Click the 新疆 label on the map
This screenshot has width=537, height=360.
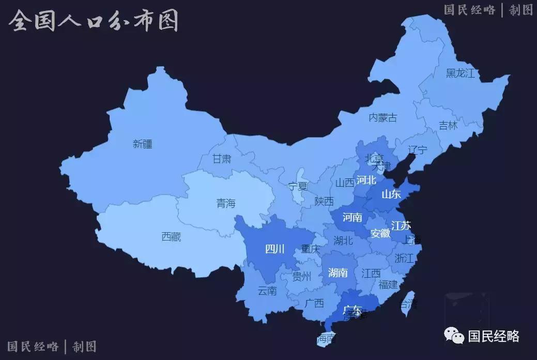(143, 144)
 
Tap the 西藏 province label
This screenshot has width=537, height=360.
(171, 237)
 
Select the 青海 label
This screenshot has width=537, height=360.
(226, 204)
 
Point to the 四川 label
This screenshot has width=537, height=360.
(275, 249)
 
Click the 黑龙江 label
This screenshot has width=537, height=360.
(460, 73)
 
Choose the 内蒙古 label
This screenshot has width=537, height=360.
(383, 118)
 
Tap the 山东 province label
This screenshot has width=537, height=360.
(391, 194)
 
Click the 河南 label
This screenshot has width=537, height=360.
(352, 217)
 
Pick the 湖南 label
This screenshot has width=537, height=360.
(338, 273)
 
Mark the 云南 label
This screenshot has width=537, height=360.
(267, 291)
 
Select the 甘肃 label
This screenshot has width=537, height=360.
(222, 159)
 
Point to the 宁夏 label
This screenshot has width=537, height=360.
(298, 187)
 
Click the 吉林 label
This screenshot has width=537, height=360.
(448, 126)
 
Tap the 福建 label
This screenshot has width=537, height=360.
(388, 284)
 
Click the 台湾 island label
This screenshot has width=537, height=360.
(408, 304)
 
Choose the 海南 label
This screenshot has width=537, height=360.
(326, 339)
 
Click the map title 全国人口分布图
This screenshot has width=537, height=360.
(94, 21)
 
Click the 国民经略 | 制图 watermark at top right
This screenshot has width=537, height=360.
(488, 10)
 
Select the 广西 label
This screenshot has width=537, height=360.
(314, 303)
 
